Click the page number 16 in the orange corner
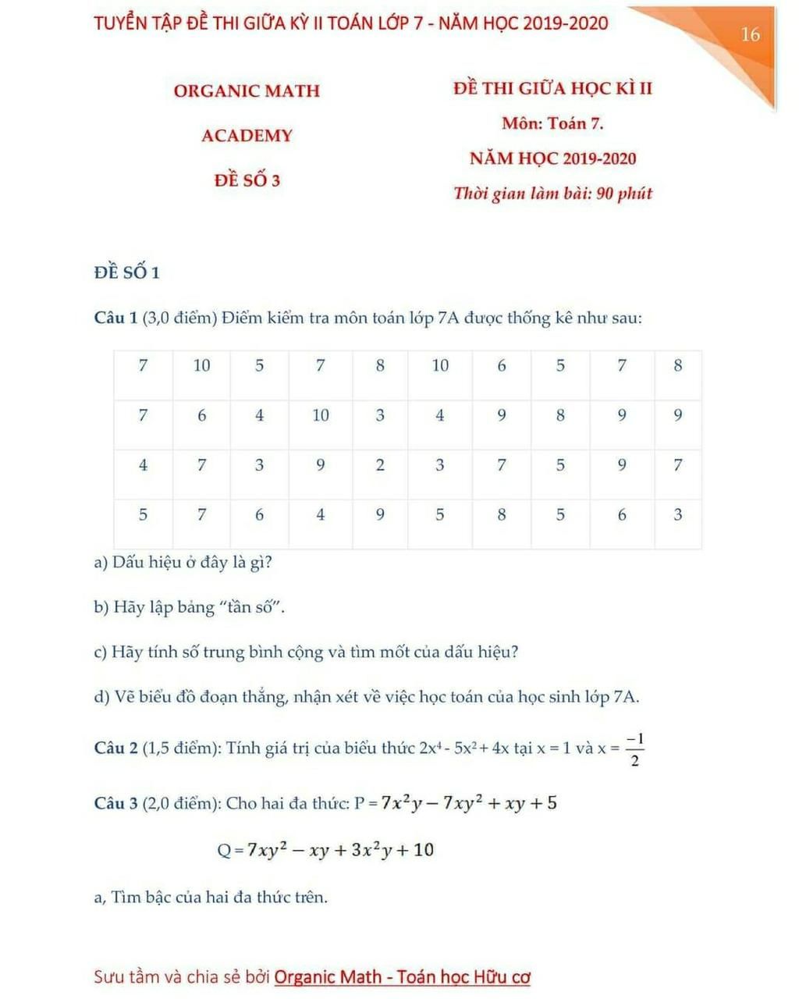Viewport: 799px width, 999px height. tap(750, 34)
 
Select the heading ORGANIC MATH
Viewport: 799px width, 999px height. tap(247, 91)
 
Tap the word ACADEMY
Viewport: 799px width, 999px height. tap(247, 136)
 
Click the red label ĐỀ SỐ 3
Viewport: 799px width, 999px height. tap(247, 180)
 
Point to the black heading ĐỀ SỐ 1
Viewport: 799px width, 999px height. tap(126, 272)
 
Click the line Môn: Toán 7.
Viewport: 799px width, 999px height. tap(552, 123)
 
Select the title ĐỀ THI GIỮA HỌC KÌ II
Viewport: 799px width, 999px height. tap(552, 88)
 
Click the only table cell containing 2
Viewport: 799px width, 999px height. tap(380, 465)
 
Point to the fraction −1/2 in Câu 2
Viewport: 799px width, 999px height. tap(634, 749)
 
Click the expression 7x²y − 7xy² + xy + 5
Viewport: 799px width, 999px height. tap(468, 802)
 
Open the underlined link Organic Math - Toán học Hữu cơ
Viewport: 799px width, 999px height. tap(403, 976)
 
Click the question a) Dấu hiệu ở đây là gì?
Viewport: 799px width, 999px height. tap(183, 562)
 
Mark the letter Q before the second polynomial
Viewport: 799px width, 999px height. tap(224, 851)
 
